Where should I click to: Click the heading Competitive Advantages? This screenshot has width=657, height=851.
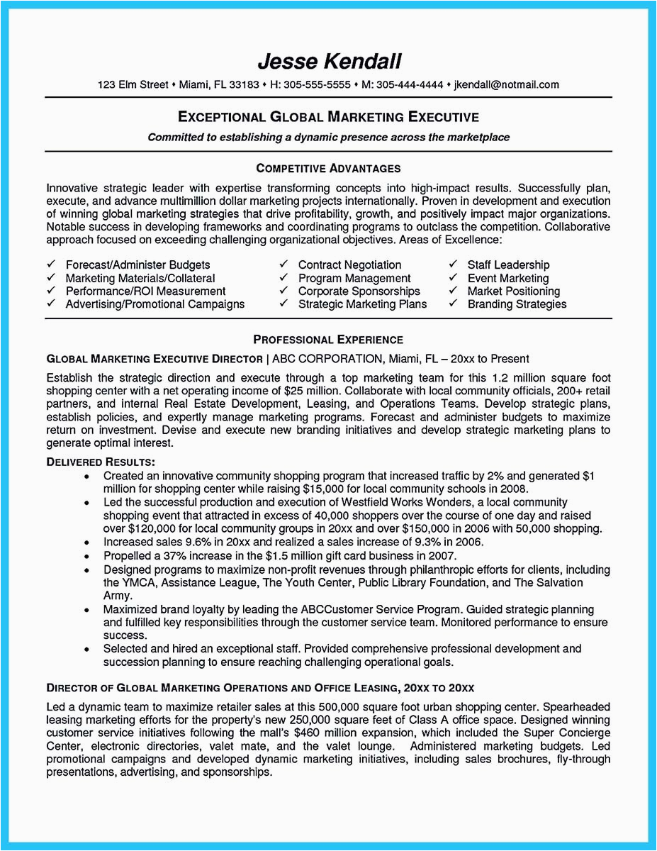tap(328, 169)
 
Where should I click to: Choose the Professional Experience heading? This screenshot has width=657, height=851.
tap(328, 340)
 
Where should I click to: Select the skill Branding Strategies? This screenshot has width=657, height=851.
tap(517, 304)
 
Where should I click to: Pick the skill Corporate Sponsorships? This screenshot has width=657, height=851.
tap(359, 291)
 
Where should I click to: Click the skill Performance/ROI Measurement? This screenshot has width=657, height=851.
tap(145, 291)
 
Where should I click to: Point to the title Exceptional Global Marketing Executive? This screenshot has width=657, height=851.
tap(328, 117)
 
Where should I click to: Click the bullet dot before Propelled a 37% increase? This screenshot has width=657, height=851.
tap(86, 556)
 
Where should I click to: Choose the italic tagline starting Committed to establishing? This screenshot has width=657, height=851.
tap(328, 138)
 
